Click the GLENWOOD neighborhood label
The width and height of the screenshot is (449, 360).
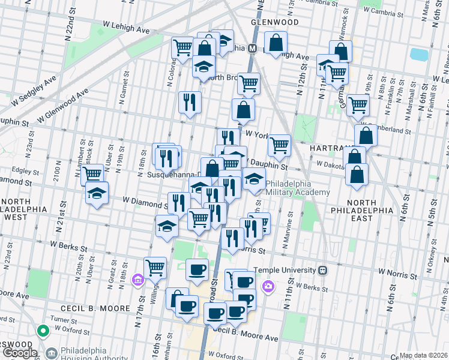pyautogui.click(x=275, y=22)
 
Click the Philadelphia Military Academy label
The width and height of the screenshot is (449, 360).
pyautogui.click(x=298, y=188)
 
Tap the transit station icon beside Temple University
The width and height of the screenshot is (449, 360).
pyautogui.click(x=323, y=270)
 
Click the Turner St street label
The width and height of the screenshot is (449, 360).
pyautogui.click(x=68, y=319)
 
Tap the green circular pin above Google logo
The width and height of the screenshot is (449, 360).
pyautogui.click(x=42, y=330)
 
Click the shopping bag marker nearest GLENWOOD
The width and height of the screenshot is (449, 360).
pyautogui.click(x=276, y=43)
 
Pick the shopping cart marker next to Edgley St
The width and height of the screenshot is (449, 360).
pyautogui.click(x=92, y=175)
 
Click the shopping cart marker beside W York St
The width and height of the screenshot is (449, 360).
pyautogui.click(x=279, y=145)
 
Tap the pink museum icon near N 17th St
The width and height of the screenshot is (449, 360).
pyautogui.click(x=137, y=280)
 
